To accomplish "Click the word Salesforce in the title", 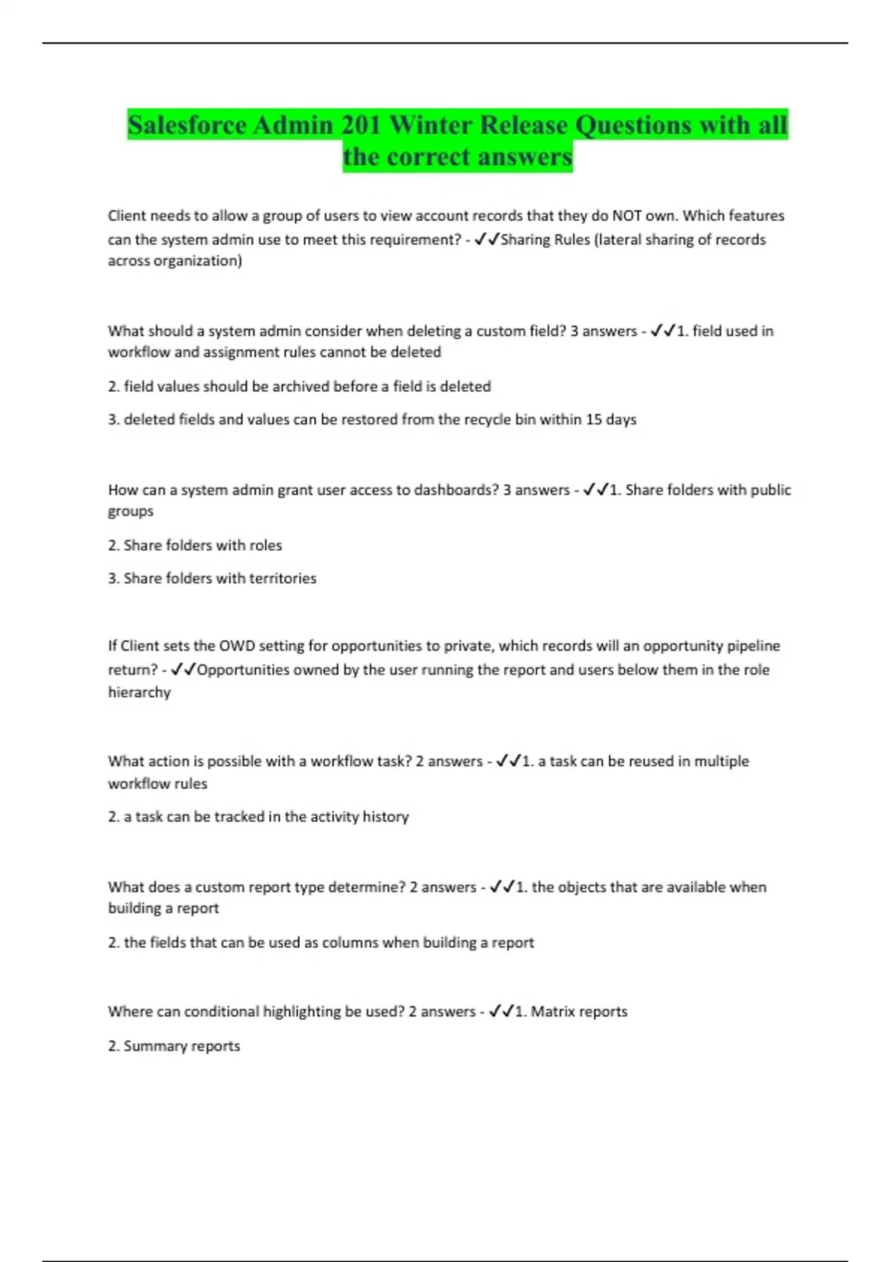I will [188, 125].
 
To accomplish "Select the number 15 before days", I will [593, 419].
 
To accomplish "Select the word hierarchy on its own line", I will [140, 693].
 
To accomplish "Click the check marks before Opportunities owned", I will [183, 670].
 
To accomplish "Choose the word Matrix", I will [554, 1012].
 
